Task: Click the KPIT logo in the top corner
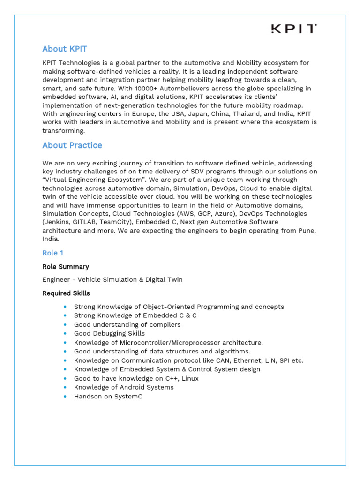(x=294, y=29)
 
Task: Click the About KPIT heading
(x=65, y=49)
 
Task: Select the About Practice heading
(x=72, y=145)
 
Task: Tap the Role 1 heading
(x=52, y=253)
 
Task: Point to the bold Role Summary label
(x=66, y=267)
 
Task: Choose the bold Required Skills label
(x=66, y=293)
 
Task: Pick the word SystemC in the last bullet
(x=128, y=397)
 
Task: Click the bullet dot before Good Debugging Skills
(x=65, y=334)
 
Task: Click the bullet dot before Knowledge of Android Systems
(x=65, y=388)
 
